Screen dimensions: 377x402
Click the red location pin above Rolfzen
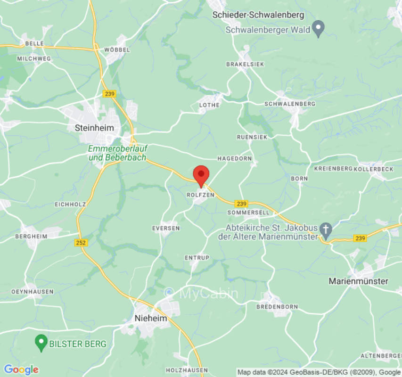(201, 175)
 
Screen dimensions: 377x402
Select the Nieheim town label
(151, 318)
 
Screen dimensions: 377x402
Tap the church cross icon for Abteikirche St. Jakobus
(325, 230)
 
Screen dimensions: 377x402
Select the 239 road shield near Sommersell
(241, 204)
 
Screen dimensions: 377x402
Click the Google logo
(21, 370)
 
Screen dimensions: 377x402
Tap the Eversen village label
(166, 228)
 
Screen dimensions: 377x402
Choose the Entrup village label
(197, 258)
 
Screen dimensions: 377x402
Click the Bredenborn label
(277, 307)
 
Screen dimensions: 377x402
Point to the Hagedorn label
(234, 158)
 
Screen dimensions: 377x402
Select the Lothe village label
(209, 105)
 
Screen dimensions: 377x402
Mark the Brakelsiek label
(245, 64)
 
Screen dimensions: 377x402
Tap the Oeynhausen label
(32, 292)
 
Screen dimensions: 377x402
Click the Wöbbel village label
(115, 49)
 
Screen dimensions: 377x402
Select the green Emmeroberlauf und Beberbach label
(117, 153)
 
